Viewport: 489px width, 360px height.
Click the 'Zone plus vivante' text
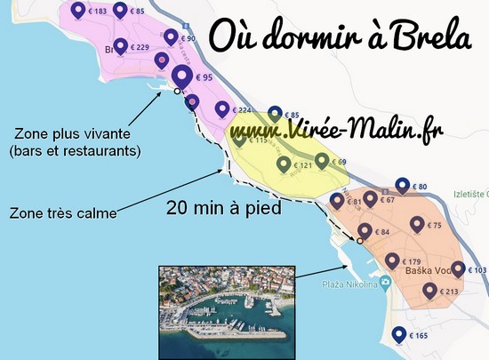[74, 134]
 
